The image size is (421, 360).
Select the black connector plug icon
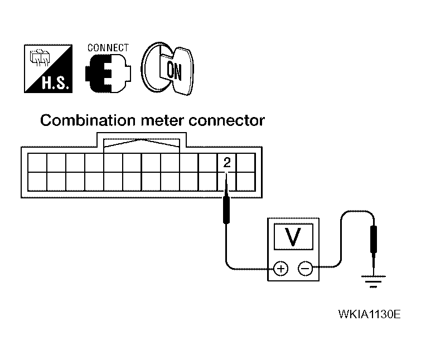(108, 74)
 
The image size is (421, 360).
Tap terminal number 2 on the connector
(226, 163)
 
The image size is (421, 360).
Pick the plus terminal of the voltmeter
(280, 269)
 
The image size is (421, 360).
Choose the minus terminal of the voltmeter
(304, 269)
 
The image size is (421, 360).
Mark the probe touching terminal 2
(227, 206)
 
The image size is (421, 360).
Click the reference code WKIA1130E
(369, 314)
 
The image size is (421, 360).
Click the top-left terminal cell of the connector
(36, 163)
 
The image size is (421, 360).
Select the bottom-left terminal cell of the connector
(36, 181)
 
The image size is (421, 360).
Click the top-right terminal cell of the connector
(245, 163)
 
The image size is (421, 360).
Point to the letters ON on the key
(173, 69)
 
